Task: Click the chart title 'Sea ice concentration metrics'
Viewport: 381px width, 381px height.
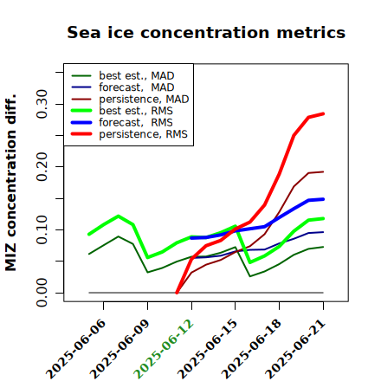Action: click(206, 32)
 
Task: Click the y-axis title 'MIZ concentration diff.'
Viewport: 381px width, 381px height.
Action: click(10, 183)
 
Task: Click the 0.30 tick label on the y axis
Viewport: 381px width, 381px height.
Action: click(42, 104)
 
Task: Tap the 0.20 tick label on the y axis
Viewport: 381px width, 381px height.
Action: click(42, 166)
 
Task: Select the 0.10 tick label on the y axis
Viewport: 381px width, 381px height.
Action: click(42, 229)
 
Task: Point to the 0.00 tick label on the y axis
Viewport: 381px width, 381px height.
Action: click(42, 293)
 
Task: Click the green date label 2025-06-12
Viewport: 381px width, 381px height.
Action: click(164, 349)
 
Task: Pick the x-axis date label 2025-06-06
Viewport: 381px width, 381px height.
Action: click(75, 349)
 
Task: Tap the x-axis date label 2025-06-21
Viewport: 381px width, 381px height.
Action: click(295, 349)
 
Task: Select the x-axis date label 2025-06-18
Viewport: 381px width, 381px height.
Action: click(251, 349)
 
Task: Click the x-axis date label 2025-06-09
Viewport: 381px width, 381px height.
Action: click(119, 349)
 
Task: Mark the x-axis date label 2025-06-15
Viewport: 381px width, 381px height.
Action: click(207, 349)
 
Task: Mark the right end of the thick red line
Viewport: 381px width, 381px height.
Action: click(323, 113)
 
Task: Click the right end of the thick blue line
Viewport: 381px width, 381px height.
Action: click(323, 199)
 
